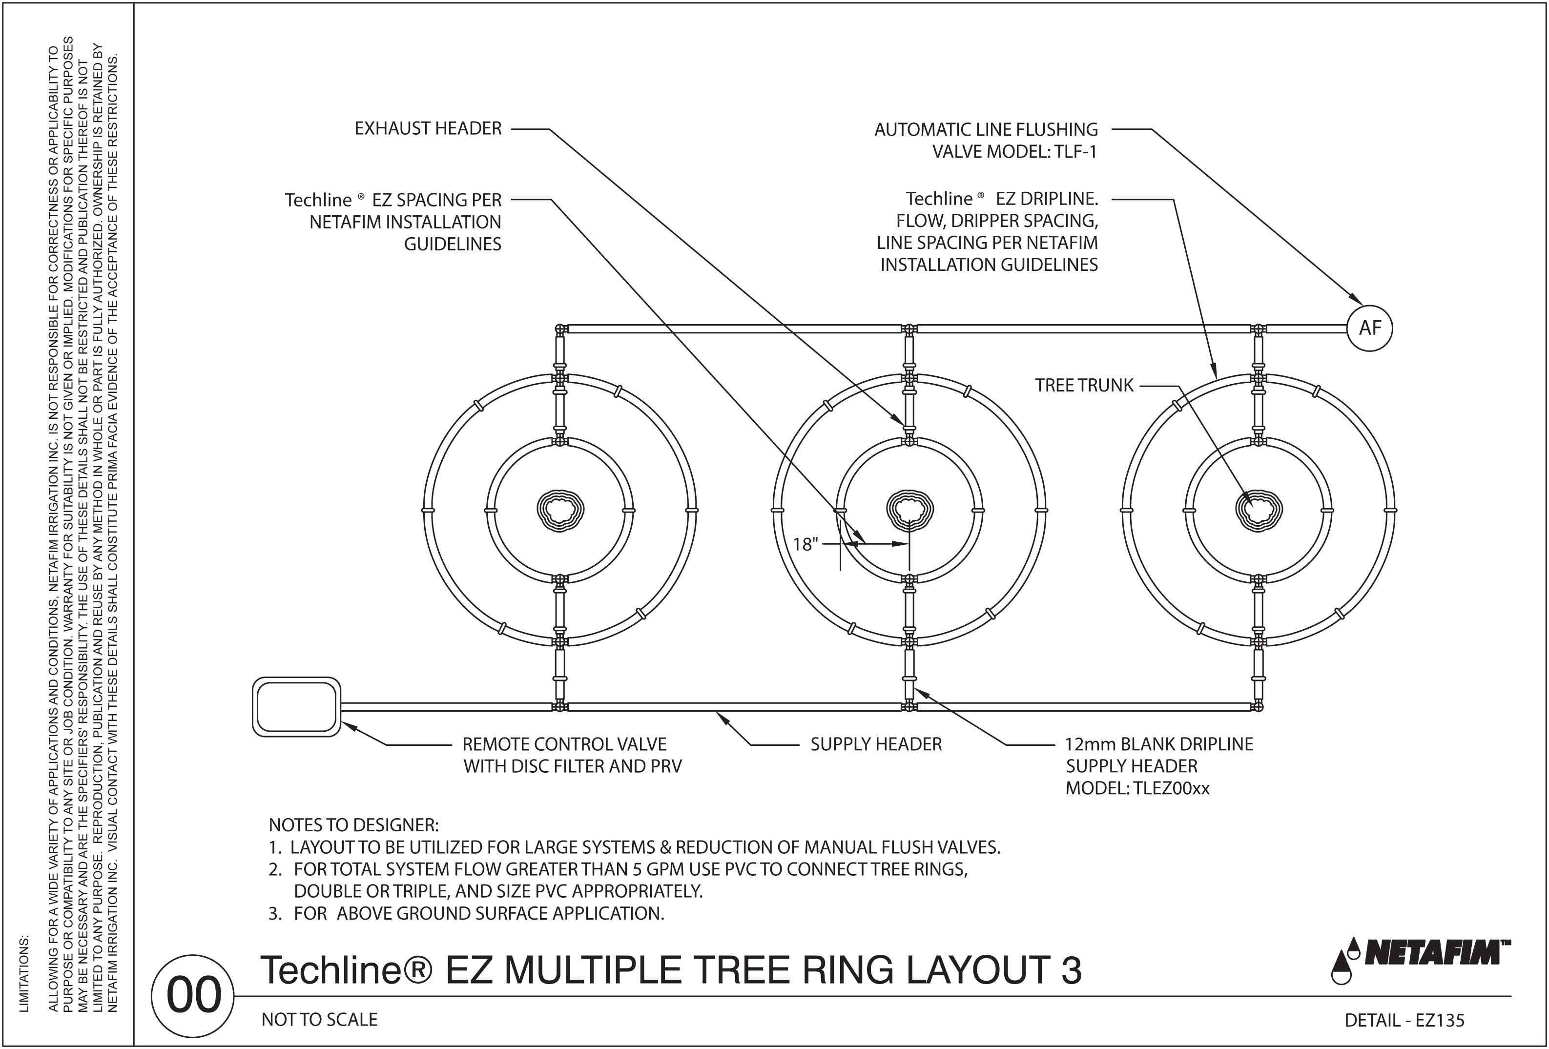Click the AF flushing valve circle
pos(1370,328)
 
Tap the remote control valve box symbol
pos(297,707)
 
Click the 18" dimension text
pos(805,544)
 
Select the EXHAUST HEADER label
pos(428,129)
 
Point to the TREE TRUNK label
pos(1084,385)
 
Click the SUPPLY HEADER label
pos(876,744)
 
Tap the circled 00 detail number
pos(193,996)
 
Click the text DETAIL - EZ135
pos(1404,1020)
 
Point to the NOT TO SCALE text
pos(319,1020)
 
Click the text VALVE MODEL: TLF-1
pos(1014,152)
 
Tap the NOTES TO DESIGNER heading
pos(353,825)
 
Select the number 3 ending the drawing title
pos(1071,970)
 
